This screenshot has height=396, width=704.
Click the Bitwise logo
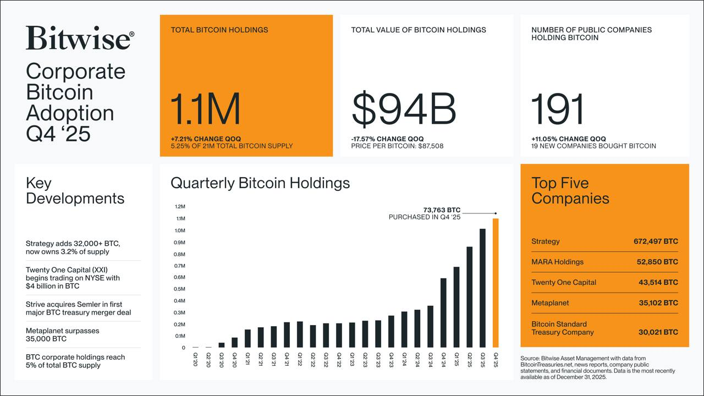coord(80,38)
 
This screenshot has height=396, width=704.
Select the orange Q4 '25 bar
coord(496,283)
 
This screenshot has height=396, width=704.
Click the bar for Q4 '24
coord(443,313)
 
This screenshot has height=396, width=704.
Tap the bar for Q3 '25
coord(482,288)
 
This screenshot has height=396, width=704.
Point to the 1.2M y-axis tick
coord(180,207)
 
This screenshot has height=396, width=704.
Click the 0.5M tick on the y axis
coord(180,289)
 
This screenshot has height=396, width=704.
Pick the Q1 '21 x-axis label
coord(248,359)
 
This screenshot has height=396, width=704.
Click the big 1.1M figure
coord(205,109)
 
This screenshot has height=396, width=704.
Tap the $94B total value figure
coord(404,109)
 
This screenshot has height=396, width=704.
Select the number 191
coord(557,109)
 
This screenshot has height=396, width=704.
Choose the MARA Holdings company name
coord(557,262)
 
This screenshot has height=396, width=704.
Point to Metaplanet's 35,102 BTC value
coord(658,303)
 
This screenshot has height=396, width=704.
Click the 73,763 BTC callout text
coord(442,210)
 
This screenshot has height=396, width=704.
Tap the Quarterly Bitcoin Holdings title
coord(260,183)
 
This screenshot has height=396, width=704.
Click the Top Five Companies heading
coord(570,191)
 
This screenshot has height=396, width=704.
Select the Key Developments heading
coord(75,191)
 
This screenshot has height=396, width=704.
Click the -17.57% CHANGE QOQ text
coord(388,139)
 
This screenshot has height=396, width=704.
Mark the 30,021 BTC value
coord(658,332)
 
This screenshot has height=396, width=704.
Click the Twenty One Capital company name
coord(564,283)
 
